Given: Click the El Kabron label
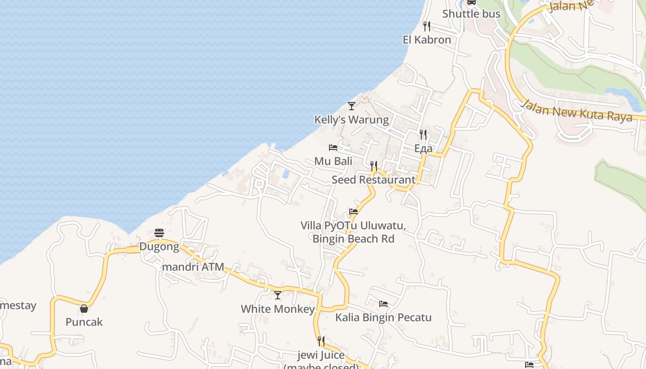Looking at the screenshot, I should [427, 40].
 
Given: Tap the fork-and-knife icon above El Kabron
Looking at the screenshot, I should [427, 26].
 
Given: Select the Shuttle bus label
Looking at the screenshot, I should [471, 14].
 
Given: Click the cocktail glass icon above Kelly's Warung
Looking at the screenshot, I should [352, 106].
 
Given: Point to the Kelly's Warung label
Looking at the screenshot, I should [352, 120].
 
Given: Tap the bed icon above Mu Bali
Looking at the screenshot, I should [333, 148].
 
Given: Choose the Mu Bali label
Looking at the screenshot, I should [333, 161].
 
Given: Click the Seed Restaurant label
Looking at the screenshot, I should [373, 180].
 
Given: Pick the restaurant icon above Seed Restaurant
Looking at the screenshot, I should [374, 166].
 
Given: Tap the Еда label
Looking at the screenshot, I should [423, 149].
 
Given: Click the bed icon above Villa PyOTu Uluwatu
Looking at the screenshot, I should [353, 212].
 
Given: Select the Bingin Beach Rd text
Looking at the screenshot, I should [353, 239].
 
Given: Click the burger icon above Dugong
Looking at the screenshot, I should [159, 233].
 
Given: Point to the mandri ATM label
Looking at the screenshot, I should [193, 267].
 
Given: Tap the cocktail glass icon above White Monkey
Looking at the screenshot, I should [278, 295].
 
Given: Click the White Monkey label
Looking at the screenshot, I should [278, 309].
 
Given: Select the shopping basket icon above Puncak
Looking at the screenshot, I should [84, 308].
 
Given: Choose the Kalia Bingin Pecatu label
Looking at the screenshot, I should [383, 318].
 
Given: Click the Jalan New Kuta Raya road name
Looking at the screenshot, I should [576, 111].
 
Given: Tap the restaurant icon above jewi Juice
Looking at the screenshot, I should [321, 341].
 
